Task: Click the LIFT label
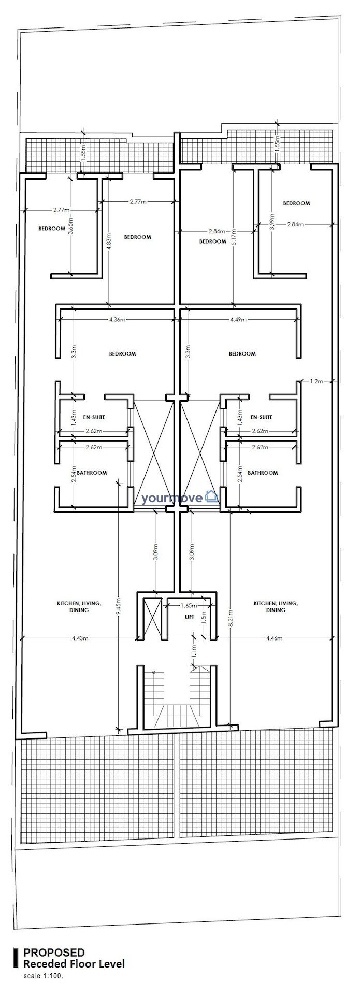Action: [190, 617]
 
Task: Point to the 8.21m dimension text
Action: [231, 615]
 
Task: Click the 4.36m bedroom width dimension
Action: [118, 320]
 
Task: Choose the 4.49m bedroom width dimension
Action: [239, 320]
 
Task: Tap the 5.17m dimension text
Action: [234, 238]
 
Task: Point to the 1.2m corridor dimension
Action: [316, 381]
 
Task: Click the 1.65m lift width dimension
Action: [189, 605]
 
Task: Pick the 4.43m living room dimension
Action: [80, 638]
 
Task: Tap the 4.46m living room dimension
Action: [275, 638]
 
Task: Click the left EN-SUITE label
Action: [95, 417]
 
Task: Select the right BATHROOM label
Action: [263, 473]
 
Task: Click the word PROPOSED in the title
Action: [54, 953]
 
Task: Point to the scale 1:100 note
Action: [43, 976]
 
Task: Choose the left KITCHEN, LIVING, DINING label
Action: [79, 607]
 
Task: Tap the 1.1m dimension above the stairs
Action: [194, 650]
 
